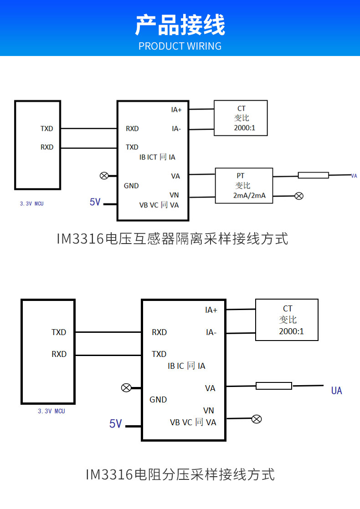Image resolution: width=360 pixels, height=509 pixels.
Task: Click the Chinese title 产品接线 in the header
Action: [x=180, y=25]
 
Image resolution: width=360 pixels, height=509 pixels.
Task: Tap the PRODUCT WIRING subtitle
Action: [x=180, y=46]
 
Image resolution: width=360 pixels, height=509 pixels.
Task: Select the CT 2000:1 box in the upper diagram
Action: [x=241, y=118]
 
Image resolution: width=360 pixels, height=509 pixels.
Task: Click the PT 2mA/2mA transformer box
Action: [x=244, y=186]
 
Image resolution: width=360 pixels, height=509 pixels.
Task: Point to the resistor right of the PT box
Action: [x=313, y=175]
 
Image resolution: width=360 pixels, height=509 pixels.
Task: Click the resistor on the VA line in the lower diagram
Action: [x=273, y=386]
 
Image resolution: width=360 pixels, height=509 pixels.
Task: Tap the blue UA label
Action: [x=336, y=391]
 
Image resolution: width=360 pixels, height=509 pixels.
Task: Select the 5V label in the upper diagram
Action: [x=95, y=202]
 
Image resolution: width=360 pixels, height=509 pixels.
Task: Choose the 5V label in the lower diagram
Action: [x=116, y=424]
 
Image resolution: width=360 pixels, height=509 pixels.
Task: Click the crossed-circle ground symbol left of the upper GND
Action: [x=104, y=176]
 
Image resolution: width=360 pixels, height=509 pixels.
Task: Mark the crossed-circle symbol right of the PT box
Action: [x=299, y=196]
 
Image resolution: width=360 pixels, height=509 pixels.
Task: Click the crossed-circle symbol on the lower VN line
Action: [x=257, y=419]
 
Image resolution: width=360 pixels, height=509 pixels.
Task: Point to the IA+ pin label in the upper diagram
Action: [x=176, y=110]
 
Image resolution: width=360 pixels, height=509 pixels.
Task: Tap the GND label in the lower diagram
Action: [x=158, y=400]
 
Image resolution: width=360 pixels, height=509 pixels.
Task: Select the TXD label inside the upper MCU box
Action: [x=46, y=129]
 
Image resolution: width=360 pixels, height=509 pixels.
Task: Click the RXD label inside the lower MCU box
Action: [x=59, y=354]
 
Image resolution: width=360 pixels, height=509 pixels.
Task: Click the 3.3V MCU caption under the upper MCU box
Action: [x=31, y=204]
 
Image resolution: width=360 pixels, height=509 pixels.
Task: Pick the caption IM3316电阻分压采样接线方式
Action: [x=180, y=475]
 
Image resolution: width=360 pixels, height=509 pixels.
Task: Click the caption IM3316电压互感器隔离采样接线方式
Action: [x=172, y=239]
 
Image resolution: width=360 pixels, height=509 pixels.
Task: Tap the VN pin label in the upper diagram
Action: [x=174, y=195]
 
